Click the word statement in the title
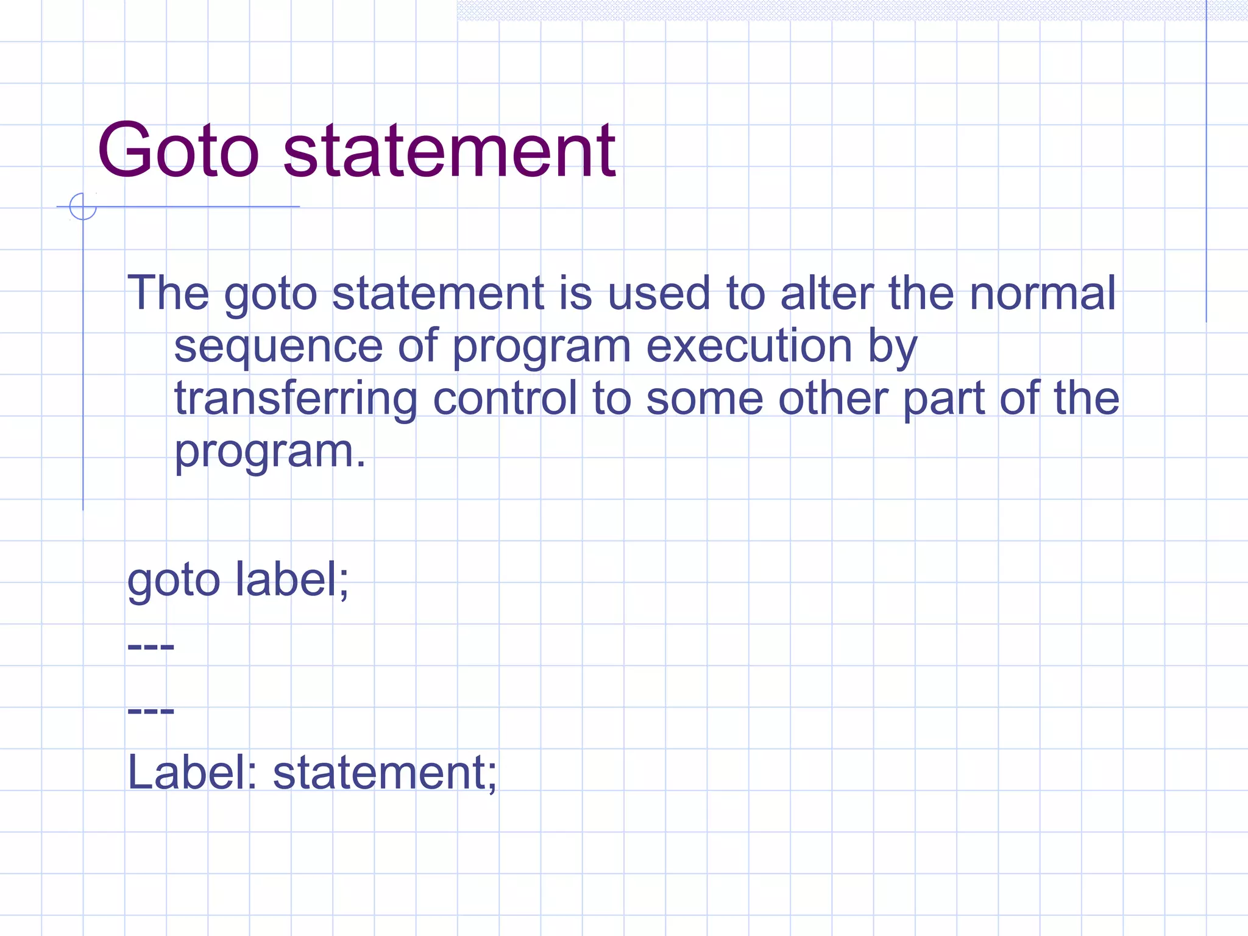(449, 151)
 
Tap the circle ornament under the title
(83, 206)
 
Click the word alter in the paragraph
(827, 293)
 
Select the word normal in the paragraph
(1042, 293)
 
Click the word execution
(749, 346)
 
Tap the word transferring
(296, 399)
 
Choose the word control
(505, 399)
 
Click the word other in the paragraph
(832, 399)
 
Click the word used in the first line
(659, 293)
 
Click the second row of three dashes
(151, 711)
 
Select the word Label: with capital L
(192, 773)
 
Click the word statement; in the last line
(385, 773)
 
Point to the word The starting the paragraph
(168, 293)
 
